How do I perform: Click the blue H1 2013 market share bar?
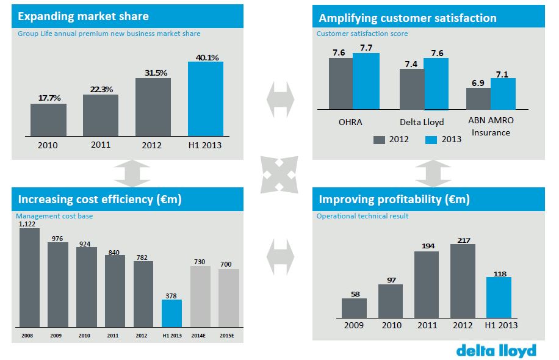[x=206, y=98]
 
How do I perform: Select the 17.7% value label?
[x=48, y=97]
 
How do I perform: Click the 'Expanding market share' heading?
[x=84, y=16]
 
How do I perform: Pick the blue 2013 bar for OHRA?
[x=366, y=81]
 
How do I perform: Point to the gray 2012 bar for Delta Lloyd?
[x=412, y=89]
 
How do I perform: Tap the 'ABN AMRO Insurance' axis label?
[x=491, y=127]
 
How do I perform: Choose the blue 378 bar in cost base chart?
[x=171, y=313]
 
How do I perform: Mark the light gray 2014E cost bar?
[x=200, y=296]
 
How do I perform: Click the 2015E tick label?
[x=229, y=336]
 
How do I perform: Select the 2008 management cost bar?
[x=29, y=278]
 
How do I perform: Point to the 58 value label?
[x=354, y=294]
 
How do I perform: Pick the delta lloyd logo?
[x=496, y=350]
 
